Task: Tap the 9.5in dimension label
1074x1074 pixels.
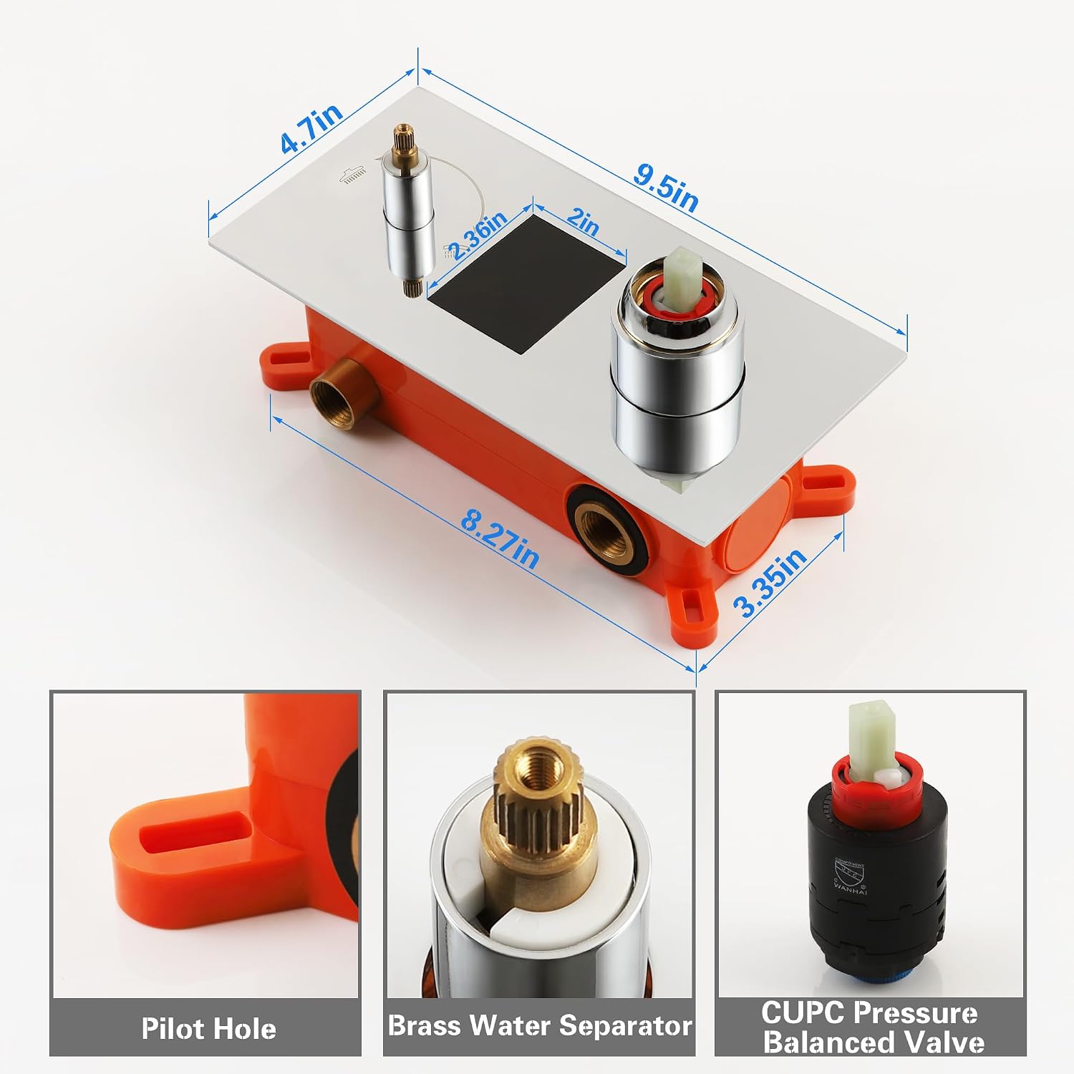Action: pyautogui.click(x=666, y=189)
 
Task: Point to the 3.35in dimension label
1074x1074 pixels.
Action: pyautogui.click(x=770, y=582)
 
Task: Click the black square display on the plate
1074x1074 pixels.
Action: pyautogui.click(x=528, y=282)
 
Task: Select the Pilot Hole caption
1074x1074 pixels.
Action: pyautogui.click(x=208, y=1028)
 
